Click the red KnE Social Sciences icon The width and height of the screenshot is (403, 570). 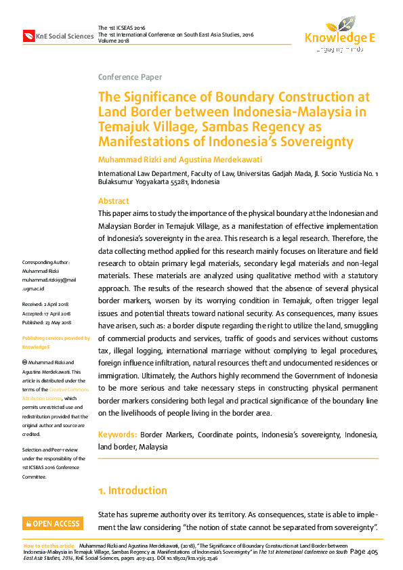click(28, 36)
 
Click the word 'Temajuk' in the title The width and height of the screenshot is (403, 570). click(123, 127)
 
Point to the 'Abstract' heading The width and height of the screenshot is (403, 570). click(113, 201)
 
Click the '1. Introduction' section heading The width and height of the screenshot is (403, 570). click(132, 490)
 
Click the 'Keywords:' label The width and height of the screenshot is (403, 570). click(118, 434)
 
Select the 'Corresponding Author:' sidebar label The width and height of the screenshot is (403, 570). click(45, 262)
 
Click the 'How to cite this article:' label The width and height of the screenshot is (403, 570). click(49, 545)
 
